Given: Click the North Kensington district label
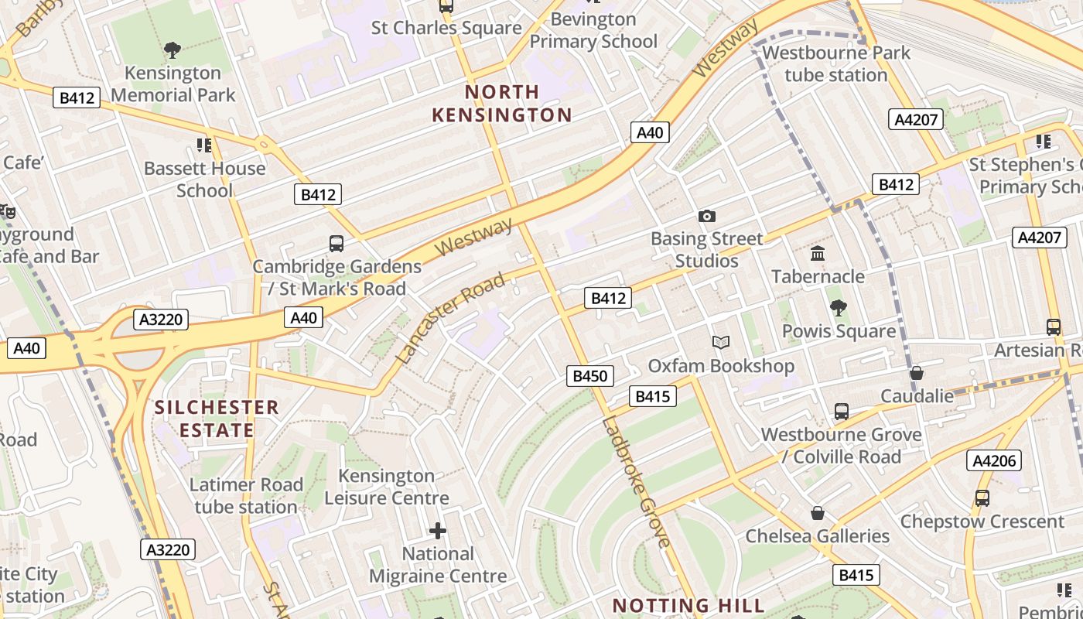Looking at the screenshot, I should tap(501, 104).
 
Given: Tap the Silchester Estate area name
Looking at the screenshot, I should tap(216, 419).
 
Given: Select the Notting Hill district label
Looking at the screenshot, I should tap(688, 605).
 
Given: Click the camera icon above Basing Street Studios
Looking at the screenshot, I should tap(706, 216).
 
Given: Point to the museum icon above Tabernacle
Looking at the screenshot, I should tap(818, 253).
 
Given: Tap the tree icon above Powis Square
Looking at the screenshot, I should tap(838, 308).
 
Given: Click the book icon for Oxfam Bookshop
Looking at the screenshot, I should tap(720, 342).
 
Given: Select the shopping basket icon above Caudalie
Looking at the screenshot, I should tap(917, 373).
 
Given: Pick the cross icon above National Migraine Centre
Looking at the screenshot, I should tap(438, 530).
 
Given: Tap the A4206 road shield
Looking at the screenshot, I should tap(993, 461).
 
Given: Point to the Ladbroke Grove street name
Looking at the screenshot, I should tap(635, 482).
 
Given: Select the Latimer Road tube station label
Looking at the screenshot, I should tap(246, 496).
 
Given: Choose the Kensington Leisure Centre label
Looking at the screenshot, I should tap(386, 487).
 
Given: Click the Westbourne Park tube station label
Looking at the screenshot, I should tap(836, 64).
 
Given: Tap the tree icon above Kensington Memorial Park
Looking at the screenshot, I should tap(173, 50).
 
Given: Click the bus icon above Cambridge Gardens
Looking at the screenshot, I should tap(337, 244).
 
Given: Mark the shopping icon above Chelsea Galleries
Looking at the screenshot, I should tap(818, 513).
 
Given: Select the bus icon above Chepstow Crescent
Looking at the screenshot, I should tap(982, 498).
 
